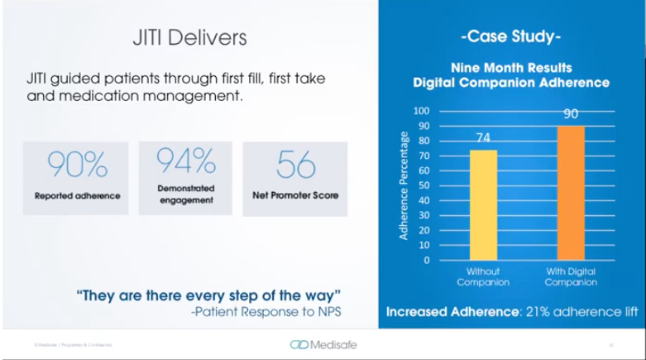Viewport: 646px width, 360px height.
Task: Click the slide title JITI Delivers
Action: pyautogui.click(x=189, y=38)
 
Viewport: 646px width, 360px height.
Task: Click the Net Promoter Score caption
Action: pyautogui.click(x=295, y=196)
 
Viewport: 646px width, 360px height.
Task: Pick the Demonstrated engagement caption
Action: pyautogui.click(x=185, y=194)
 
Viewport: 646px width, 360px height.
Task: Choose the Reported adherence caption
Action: pyautogui.click(x=77, y=196)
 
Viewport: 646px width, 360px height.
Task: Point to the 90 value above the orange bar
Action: pyautogui.click(x=571, y=115)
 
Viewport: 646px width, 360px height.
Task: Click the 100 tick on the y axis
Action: pyautogui.click(x=422, y=111)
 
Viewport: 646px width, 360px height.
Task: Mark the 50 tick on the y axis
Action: pyautogui.click(x=423, y=185)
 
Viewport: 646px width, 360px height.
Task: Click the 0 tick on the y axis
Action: pyautogui.click(x=426, y=260)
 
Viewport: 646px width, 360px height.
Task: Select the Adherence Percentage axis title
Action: pyautogui.click(x=404, y=185)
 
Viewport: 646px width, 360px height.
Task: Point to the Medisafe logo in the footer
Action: pyautogui.click(x=323, y=344)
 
